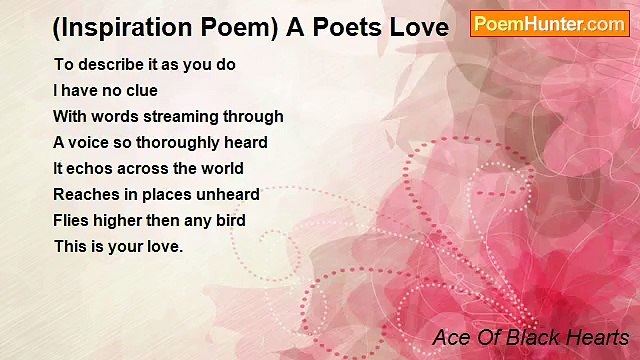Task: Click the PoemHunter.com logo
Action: (x=549, y=24)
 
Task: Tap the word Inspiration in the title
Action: (x=121, y=27)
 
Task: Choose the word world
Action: (x=220, y=168)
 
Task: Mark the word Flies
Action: (x=71, y=220)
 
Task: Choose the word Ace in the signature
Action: (x=449, y=338)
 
